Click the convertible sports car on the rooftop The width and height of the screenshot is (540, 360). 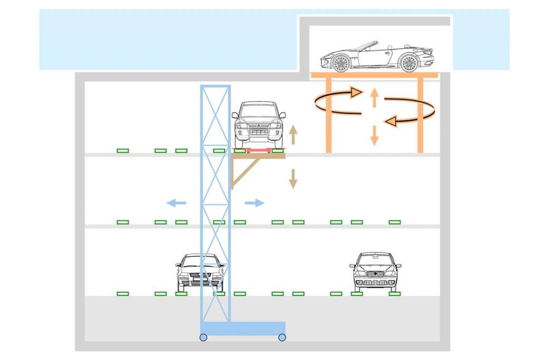tap(377, 56)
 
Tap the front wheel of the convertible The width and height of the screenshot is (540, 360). tap(341, 63)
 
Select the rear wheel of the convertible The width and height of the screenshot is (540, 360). tap(409, 63)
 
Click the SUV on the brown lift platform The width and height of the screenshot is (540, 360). tap(258, 124)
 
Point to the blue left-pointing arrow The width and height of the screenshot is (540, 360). tap(176, 202)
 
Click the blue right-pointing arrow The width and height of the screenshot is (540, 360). tap(255, 202)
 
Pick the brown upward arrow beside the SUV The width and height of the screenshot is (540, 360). tap(293, 135)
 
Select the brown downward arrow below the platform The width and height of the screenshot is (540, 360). tap(293, 179)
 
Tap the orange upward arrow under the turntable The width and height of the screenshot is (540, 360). tap(374, 98)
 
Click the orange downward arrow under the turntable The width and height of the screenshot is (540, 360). tap(374, 135)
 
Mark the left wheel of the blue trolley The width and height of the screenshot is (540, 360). tap(203, 337)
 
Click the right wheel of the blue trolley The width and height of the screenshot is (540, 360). tap(282, 337)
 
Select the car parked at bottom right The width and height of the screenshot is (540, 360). tap(375, 271)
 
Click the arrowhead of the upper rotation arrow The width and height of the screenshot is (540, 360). tap(356, 93)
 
